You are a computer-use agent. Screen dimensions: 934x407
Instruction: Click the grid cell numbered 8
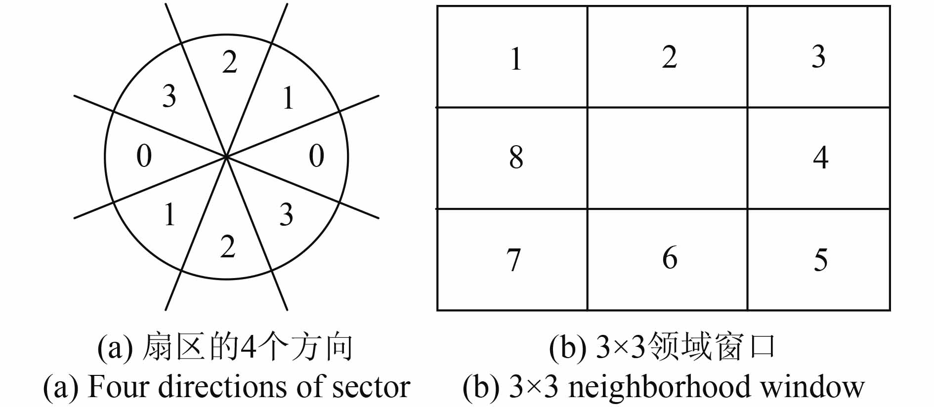pos(512,158)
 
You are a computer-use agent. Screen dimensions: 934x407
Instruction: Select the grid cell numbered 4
pos(819,158)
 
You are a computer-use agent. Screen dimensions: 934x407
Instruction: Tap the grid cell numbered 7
pos(512,260)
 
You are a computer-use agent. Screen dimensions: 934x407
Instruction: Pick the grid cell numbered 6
pos(668,260)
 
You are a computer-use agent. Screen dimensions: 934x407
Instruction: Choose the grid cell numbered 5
pos(819,260)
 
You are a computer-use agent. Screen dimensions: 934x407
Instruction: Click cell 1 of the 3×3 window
pos(512,57)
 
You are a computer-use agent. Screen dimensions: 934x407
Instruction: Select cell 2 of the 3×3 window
pos(668,57)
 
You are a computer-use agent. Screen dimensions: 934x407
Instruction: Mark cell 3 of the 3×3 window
pos(819,57)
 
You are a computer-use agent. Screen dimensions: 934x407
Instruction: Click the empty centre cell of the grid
pos(668,158)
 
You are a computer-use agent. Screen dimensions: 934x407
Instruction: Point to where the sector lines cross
pos(226,157)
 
